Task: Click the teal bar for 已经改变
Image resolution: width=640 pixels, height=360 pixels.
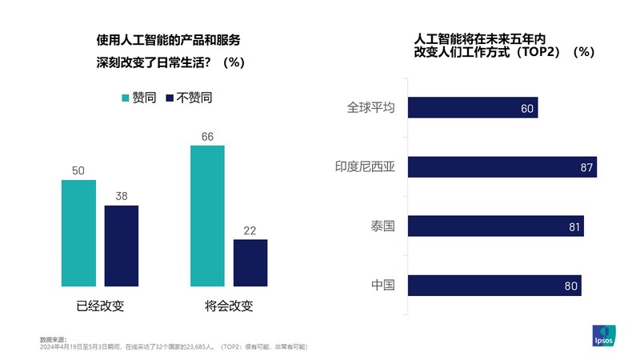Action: [78, 233]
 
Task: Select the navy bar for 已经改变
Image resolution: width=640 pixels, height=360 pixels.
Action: [122, 246]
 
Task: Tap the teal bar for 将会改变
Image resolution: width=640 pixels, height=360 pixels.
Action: [207, 215]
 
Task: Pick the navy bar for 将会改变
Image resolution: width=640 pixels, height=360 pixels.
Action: [250, 262]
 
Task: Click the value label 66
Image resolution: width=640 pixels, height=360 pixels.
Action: [207, 136]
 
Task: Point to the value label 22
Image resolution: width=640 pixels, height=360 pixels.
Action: [250, 230]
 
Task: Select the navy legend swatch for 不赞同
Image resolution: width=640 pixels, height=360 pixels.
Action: [169, 98]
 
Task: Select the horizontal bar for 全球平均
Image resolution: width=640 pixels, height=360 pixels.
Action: [473, 107]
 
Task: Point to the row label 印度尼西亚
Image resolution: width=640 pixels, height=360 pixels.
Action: [370, 166]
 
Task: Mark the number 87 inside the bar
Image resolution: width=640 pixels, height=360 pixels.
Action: [585, 167]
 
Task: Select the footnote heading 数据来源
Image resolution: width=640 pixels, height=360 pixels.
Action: [53, 339]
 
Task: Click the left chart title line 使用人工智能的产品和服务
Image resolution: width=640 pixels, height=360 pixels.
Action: [168, 39]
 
